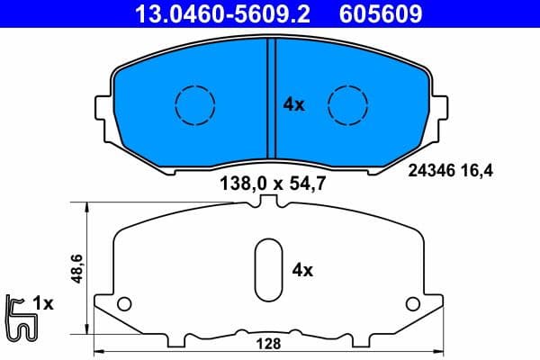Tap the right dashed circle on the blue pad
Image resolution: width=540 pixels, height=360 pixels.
point(347,104)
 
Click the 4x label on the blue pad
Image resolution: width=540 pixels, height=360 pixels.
point(293,104)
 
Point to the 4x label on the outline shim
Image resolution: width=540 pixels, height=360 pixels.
point(302,269)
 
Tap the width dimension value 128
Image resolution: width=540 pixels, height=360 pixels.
point(269,344)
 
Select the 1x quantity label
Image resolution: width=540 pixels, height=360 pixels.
point(43,304)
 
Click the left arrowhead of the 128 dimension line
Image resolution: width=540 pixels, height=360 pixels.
point(98,350)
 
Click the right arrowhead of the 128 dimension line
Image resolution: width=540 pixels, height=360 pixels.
point(439,350)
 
